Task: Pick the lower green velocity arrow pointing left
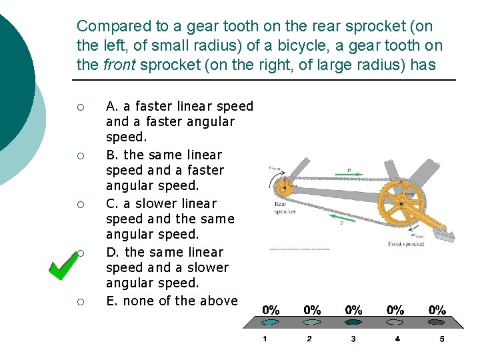click(x=345, y=217)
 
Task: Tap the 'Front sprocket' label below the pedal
click(x=406, y=244)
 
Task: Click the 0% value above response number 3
click(x=353, y=310)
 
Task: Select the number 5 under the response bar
click(x=441, y=339)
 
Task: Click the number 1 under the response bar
click(x=265, y=339)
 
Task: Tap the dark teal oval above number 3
click(x=353, y=322)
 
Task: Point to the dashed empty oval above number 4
click(x=397, y=322)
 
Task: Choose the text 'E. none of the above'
click(x=172, y=301)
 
